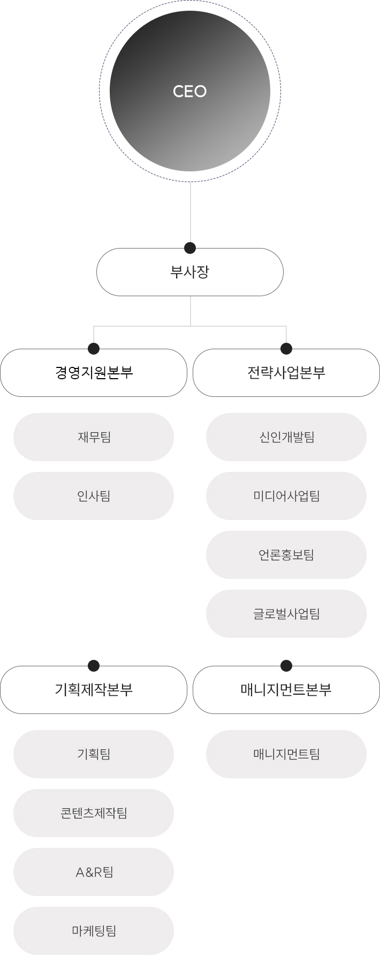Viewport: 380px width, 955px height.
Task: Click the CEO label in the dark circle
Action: pos(189,92)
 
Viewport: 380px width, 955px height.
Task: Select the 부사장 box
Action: pos(190,272)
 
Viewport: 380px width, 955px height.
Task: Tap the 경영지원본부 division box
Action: pos(94,373)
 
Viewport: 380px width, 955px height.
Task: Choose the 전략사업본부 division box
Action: pos(286,373)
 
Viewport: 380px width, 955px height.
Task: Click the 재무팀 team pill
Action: pos(94,437)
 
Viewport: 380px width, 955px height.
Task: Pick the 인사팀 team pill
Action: pos(94,496)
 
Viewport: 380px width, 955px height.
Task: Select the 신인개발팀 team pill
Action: pos(286,437)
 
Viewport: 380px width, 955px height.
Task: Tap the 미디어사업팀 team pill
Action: pos(286,496)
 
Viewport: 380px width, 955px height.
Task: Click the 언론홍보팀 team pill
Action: pos(286,555)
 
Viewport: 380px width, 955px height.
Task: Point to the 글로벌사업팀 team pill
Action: pos(286,614)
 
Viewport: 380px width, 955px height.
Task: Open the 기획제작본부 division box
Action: pos(94,690)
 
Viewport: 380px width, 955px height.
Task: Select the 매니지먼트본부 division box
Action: pos(286,690)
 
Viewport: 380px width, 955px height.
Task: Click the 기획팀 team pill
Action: pos(94,754)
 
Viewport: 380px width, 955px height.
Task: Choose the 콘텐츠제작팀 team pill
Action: pos(94,813)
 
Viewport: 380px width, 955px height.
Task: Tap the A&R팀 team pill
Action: pos(94,872)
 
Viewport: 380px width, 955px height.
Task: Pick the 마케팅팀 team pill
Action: pos(94,931)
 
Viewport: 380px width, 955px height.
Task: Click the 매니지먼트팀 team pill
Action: pos(286,754)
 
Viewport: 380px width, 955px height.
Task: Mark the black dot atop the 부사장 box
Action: pos(190,248)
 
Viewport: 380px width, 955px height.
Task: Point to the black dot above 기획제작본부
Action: pos(94,666)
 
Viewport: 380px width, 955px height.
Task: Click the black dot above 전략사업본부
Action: pos(286,349)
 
